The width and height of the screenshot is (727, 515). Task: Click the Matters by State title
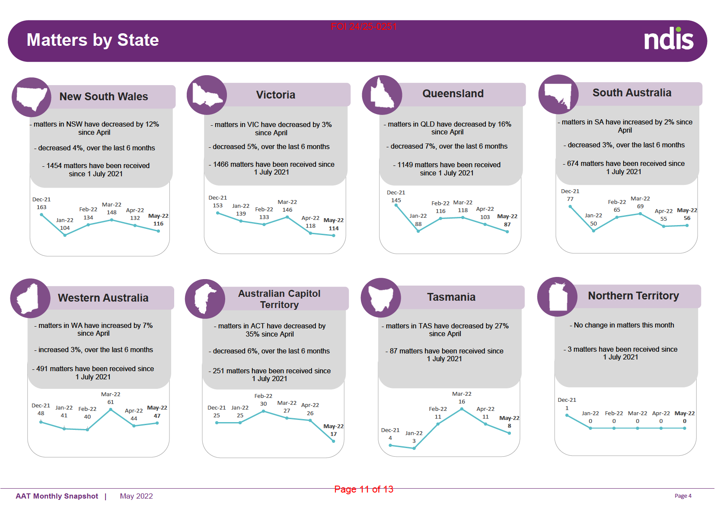[92, 40]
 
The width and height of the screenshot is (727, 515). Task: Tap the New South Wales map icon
[31, 98]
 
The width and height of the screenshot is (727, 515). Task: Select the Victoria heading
[275, 95]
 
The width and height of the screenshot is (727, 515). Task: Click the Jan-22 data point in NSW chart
[65, 235]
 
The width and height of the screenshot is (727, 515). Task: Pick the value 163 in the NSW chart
[41, 207]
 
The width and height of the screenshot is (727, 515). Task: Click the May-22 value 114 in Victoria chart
[333, 229]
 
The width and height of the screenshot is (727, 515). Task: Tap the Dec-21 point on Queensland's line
[396, 205]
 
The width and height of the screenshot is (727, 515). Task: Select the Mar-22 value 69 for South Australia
[640, 207]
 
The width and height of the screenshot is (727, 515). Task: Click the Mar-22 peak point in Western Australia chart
[111, 409]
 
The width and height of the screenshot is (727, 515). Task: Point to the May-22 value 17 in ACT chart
[333, 434]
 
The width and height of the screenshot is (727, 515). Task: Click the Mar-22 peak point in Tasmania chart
[462, 409]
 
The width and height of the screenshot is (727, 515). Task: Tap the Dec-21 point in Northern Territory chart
[567, 415]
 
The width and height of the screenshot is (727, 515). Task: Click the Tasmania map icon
[381, 298]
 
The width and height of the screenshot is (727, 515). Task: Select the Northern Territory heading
[633, 296]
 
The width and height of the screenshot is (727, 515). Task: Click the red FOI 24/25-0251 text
[363, 27]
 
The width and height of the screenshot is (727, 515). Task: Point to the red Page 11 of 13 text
[363, 489]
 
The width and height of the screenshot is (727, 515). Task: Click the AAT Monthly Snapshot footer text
[57, 496]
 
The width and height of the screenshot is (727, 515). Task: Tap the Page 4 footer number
[683, 496]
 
